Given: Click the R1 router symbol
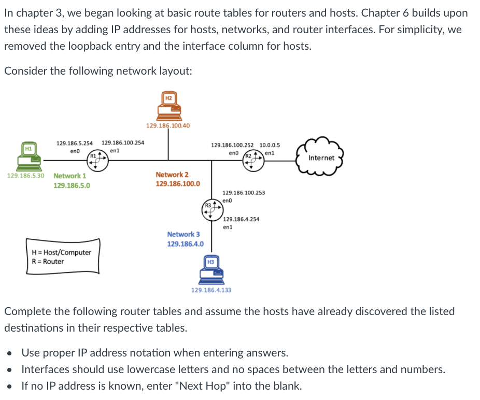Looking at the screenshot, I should point(97,161).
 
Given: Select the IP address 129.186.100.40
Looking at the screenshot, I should point(168,126).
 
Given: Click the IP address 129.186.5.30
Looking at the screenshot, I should point(26,176).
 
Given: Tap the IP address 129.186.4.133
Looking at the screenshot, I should point(211,290).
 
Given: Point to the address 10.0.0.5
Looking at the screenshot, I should point(270,145).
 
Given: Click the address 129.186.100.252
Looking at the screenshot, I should point(233,145).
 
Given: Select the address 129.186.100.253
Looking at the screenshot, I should point(244,192).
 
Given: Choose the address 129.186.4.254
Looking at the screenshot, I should point(241,219).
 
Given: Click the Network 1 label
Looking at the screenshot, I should point(70,176).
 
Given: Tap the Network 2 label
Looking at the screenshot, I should point(172,175).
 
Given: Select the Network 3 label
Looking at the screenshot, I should point(183,234).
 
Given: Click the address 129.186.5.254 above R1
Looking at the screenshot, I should point(75,142).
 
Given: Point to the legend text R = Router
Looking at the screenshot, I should point(48,262).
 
